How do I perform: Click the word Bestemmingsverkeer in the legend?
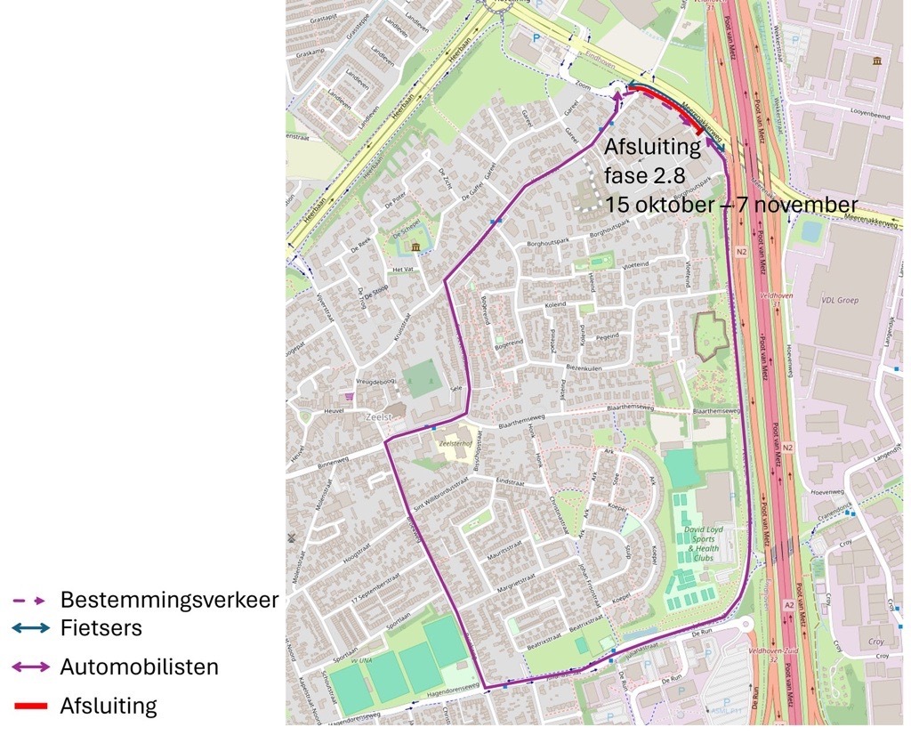169,600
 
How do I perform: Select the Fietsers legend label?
101,628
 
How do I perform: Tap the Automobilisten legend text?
140,666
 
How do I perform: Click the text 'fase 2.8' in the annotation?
645,174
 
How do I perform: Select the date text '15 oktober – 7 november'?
731,204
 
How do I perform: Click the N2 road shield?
741,253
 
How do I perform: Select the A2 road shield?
788,605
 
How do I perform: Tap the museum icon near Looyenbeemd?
877,61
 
